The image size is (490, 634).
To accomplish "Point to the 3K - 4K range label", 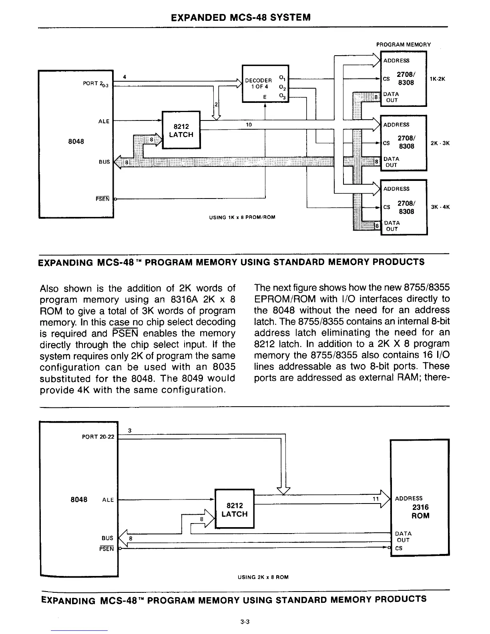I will click(x=440, y=207).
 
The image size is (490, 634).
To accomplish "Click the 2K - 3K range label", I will click(x=440, y=143).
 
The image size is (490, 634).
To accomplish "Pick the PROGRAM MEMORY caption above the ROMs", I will click(x=403, y=44).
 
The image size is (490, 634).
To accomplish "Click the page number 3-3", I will click(x=245, y=622).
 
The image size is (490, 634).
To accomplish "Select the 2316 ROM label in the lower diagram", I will click(x=420, y=511).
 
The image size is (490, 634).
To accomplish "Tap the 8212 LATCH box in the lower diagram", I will click(x=234, y=510).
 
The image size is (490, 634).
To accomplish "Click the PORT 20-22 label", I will click(x=98, y=436).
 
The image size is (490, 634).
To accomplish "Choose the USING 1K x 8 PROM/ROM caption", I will click(x=242, y=217).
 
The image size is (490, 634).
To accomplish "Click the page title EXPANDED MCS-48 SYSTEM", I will click(x=240, y=18).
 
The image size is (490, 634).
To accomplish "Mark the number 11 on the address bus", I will click(x=375, y=499).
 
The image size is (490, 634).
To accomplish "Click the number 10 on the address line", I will click(x=248, y=125).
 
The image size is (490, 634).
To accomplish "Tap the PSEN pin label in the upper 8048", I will click(x=102, y=199).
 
